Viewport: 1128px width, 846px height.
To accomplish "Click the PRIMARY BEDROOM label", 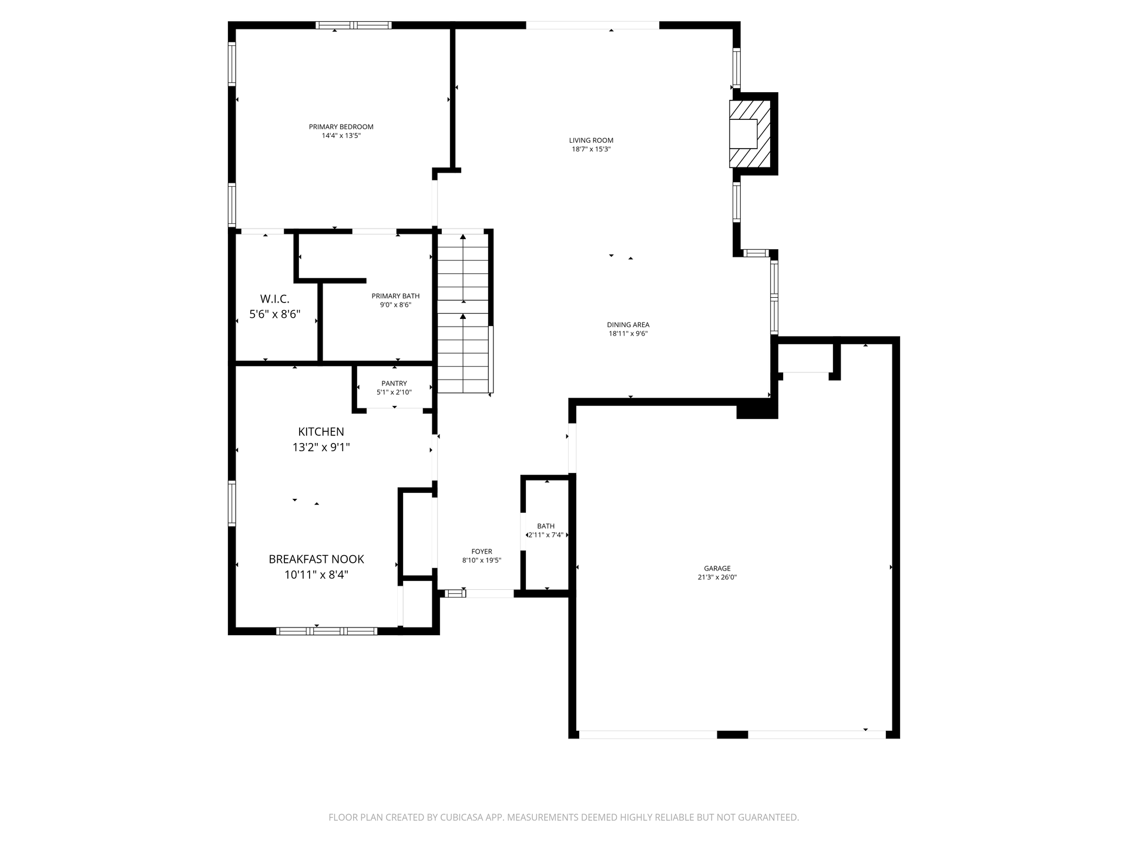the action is point(341,127).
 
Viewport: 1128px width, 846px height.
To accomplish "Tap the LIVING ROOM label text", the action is point(591,140).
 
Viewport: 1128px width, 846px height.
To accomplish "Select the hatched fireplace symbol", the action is point(750,134).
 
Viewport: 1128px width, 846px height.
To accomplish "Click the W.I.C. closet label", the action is point(275,299).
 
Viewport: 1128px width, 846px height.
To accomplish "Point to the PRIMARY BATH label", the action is point(395,296).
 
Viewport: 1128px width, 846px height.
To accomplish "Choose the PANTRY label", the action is point(394,384).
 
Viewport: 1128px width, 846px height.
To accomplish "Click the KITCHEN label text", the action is point(321,432).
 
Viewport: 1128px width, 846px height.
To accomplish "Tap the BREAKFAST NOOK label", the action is point(317,559).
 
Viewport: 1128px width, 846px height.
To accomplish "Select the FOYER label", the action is point(482,552).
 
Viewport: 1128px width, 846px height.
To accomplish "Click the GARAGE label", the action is point(717,569).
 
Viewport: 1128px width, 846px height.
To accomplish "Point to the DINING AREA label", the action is point(628,325).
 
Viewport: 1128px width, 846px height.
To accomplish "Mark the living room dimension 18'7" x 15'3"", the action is point(591,149).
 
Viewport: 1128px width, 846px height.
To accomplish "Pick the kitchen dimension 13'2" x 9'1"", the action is point(321,448).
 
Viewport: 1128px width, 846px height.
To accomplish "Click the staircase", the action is point(464,311).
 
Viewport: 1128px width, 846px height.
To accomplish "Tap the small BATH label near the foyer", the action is point(546,526).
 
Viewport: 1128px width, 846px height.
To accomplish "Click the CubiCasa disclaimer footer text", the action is point(564,817).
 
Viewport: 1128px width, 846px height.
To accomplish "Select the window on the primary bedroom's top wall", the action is point(354,25).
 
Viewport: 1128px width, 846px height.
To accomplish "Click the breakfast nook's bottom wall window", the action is point(327,631).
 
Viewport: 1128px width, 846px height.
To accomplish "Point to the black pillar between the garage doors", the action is point(733,734).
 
